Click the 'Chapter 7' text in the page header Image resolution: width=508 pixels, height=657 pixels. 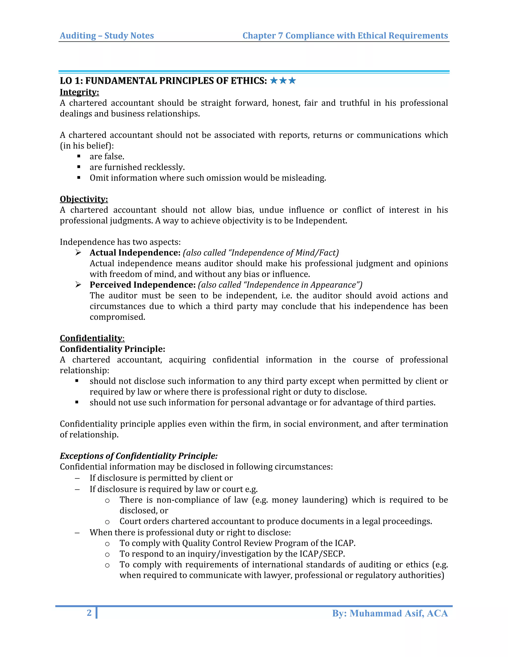coord(262,36)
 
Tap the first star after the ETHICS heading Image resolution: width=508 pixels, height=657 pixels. coord(274,81)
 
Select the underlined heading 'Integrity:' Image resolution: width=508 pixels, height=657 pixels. coord(79,92)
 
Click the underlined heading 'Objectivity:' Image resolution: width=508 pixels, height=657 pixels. coord(84,199)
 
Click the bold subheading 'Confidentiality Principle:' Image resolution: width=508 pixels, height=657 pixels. coord(112,349)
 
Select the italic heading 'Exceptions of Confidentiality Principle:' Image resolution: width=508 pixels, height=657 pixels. coord(138,456)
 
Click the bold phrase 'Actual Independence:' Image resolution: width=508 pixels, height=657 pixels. coord(135,253)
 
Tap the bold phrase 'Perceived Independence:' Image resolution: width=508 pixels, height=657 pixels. coord(143,285)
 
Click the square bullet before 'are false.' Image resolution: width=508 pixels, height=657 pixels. coord(79,156)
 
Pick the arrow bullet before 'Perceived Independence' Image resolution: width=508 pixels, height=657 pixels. coord(78,285)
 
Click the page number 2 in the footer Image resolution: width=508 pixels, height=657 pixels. coord(89,613)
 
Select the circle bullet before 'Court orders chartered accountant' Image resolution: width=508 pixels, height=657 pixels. coord(107,522)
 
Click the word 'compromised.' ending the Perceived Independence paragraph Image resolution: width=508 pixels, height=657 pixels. coord(117,317)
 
